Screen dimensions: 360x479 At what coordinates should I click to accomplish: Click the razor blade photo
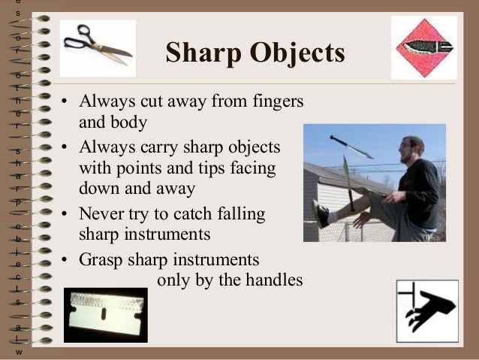pyautogui.click(x=105, y=314)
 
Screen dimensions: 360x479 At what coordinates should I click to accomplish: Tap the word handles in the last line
pyautogui.click(x=275, y=280)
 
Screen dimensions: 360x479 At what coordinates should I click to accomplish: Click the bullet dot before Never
pyautogui.click(x=65, y=214)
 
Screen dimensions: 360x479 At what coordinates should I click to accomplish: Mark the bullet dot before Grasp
pyautogui.click(x=65, y=261)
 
